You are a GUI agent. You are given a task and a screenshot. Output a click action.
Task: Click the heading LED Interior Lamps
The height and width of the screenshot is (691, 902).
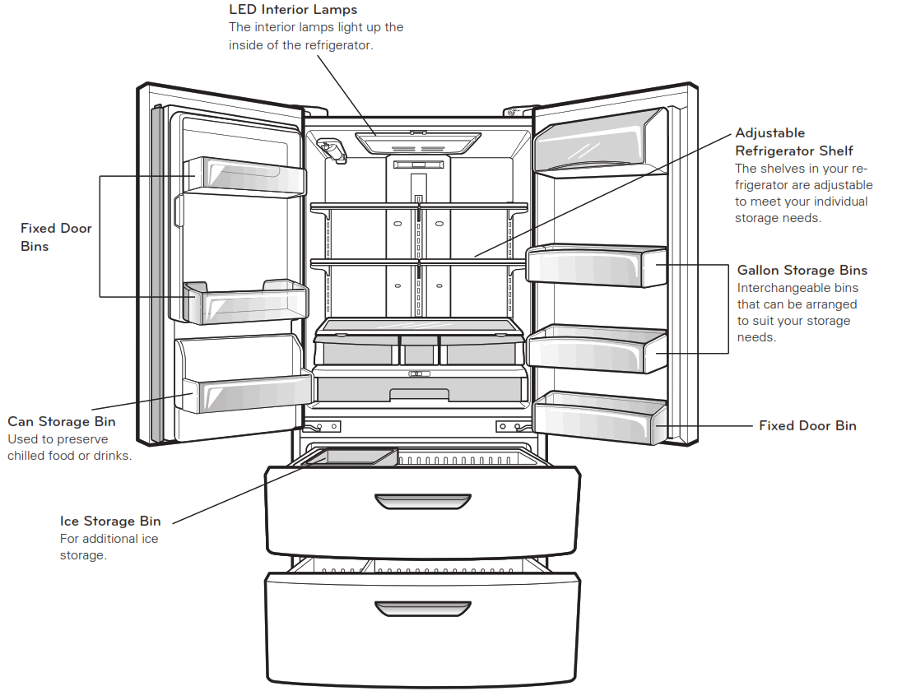point(293,10)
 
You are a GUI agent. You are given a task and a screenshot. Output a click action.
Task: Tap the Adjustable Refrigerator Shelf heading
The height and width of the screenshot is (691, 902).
point(793,141)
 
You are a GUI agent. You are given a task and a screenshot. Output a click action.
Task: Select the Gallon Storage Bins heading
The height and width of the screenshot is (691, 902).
point(802,270)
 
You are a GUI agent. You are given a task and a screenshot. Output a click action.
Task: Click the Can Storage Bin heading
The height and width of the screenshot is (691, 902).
point(62,421)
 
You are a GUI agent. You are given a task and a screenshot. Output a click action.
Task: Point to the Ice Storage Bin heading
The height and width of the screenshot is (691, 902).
point(110,521)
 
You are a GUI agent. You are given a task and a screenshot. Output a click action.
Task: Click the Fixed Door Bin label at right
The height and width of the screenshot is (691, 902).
point(807,425)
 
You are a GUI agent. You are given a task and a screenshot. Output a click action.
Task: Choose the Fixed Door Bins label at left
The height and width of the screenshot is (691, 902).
point(56,237)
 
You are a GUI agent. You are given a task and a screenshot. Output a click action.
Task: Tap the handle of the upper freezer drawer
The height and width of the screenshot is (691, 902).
point(422,501)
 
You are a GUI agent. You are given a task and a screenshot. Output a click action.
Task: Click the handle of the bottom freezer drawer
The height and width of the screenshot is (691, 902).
point(422,608)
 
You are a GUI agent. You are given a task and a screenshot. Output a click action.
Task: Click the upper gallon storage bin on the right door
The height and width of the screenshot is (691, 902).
point(596,267)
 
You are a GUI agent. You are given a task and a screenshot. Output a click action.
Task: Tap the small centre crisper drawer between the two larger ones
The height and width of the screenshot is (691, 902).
point(420,350)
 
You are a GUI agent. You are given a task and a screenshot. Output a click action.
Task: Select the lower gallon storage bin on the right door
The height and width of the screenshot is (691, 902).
point(596,349)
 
